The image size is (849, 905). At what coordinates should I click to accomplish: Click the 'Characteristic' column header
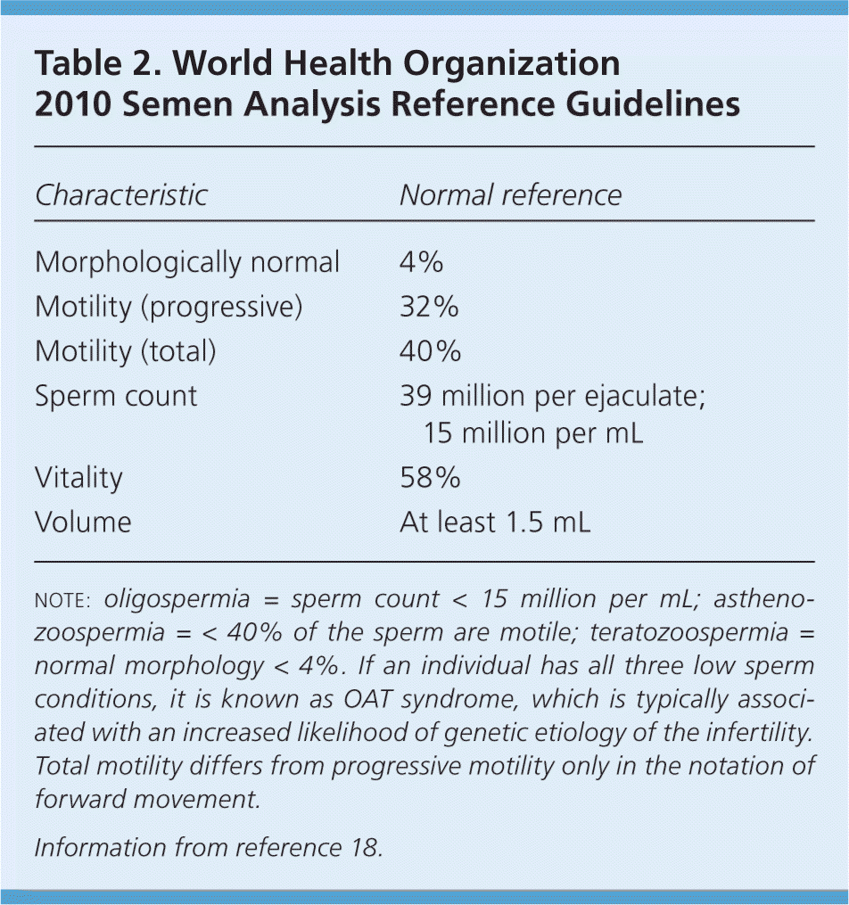click(x=120, y=195)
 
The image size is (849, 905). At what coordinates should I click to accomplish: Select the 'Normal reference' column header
click(x=509, y=195)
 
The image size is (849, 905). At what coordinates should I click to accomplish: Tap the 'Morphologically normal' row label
click(x=187, y=262)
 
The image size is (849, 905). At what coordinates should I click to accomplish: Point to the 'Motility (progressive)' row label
click(x=169, y=307)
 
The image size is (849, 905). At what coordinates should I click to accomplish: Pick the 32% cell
click(x=429, y=307)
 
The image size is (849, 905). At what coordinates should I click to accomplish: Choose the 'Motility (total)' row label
click(x=125, y=351)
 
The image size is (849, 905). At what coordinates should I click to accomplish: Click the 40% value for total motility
click(x=430, y=351)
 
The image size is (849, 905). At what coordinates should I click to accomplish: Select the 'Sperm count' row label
click(x=116, y=396)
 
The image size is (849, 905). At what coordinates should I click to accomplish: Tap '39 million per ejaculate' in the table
click(x=552, y=396)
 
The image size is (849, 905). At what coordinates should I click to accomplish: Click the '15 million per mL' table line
click(x=533, y=433)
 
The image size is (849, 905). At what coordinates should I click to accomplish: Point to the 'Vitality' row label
click(x=78, y=478)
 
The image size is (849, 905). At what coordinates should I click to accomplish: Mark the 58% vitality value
click(x=430, y=478)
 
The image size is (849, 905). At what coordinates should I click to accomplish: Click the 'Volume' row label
click(x=83, y=522)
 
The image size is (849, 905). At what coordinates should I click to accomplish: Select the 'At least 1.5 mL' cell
click(x=495, y=522)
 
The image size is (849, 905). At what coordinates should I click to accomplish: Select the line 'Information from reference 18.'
click(x=209, y=847)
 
